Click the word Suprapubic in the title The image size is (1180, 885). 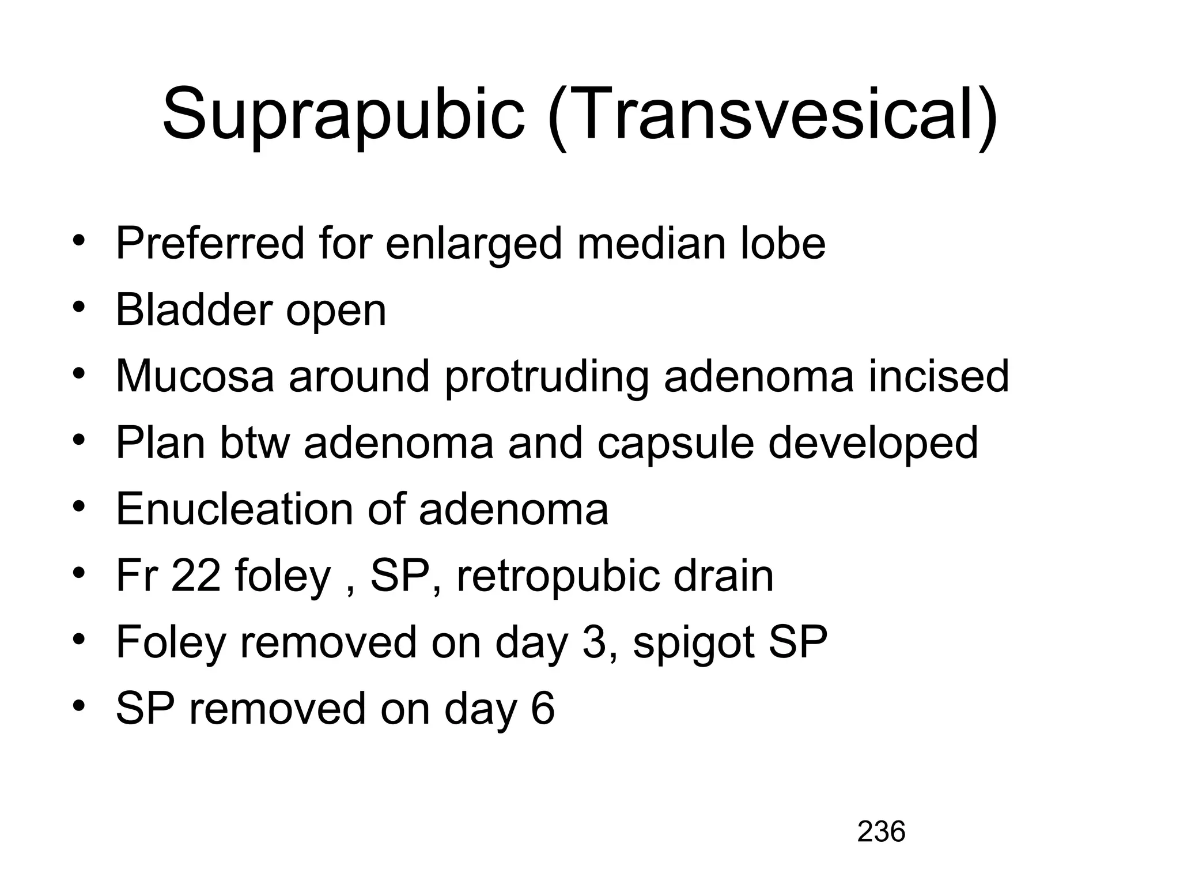pyautogui.click(x=344, y=114)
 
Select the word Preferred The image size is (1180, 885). pyautogui.click(x=210, y=244)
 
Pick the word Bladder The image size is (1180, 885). pyautogui.click(x=193, y=310)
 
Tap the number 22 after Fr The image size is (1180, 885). pyautogui.click(x=196, y=576)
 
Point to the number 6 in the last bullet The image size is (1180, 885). pyautogui.click(x=542, y=709)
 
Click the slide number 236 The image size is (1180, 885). pyautogui.click(x=881, y=832)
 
